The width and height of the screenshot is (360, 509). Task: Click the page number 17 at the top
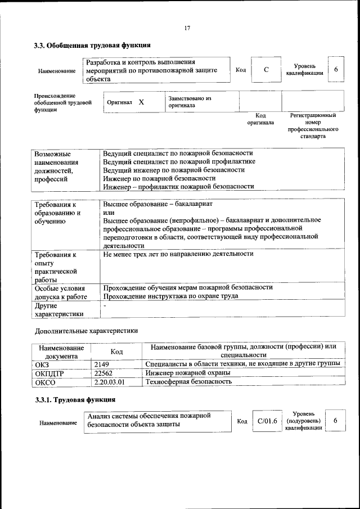tap(187, 29)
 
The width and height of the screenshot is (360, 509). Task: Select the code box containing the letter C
tap(266, 69)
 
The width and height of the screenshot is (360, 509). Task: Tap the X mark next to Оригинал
tap(141, 102)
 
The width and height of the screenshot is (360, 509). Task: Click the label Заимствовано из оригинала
tap(189, 102)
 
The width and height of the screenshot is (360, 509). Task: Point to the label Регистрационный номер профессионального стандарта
tap(313, 125)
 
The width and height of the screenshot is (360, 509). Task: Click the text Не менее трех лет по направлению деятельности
tap(178, 254)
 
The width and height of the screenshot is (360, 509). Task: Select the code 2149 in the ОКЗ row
tap(102, 364)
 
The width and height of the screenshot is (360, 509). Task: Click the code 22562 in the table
tap(104, 373)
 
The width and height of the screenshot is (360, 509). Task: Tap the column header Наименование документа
tap(61, 352)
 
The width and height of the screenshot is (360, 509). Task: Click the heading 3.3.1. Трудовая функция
tap(75, 400)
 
